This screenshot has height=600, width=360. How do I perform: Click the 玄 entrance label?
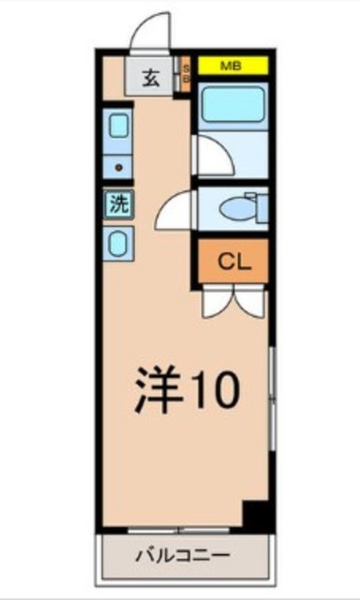pyautogui.click(x=150, y=77)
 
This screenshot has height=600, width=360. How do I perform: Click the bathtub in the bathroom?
pyautogui.click(x=232, y=102)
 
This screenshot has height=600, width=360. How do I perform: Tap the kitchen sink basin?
pyautogui.click(x=119, y=127)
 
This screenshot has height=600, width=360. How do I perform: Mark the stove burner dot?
pyautogui.click(x=119, y=167)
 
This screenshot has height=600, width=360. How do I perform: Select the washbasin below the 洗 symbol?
pyautogui.click(x=119, y=245)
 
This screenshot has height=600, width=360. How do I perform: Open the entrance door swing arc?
pyautogui.click(x=152, y=31)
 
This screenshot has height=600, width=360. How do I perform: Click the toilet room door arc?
pyautogui.click(x=176, y=212)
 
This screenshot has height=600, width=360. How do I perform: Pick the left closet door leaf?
pyautogui.click(x=215, y=302)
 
